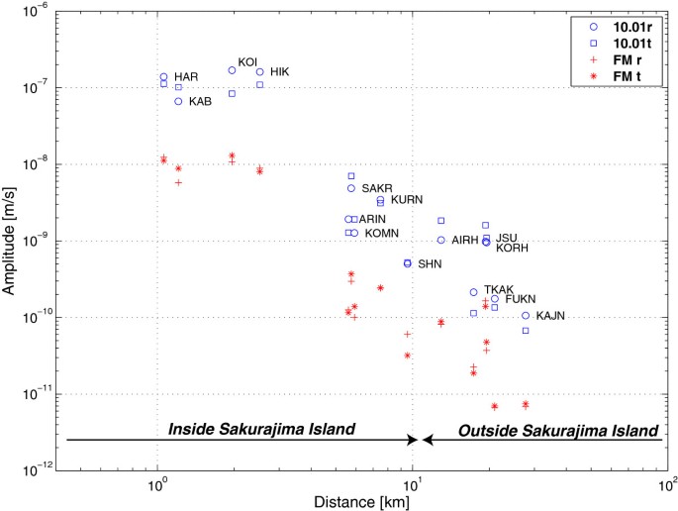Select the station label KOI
pos(247,61)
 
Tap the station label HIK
pos(280,71)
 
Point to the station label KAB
pos(200,101)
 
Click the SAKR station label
pos(377,188)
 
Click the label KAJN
pos(550,316)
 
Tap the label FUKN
pos(521,298)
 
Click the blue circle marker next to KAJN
pos(526,316)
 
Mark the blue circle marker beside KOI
pos(232,70)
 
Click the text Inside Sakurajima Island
pos(261,430)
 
